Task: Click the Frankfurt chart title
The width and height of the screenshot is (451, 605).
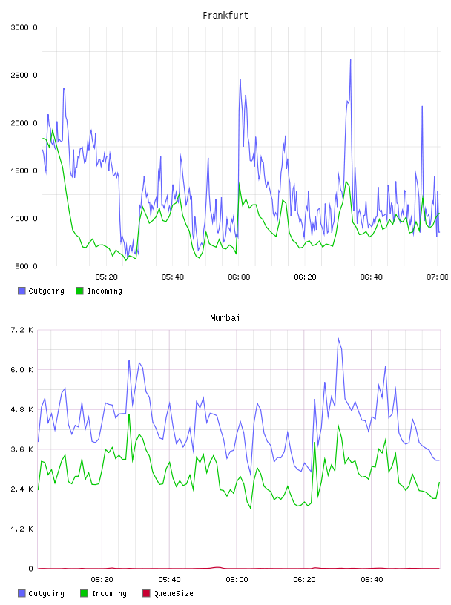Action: pyautogui.click(x=225, y=16)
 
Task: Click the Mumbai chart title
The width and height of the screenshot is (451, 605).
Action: pyautogui.click(x=225, y=318)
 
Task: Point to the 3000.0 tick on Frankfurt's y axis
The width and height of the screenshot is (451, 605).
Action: pyautogui.click(x=24, y=27)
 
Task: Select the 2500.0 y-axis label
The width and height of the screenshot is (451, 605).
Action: pyautogui.click(x=24, y=75)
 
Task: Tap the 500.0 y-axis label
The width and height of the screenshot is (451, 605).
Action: pyautogui.click(x=26, y=266)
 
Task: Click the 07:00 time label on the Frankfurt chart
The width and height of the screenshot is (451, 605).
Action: pyautogui.click(x=437, y=277)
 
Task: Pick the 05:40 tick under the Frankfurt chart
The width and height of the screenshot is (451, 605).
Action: pyautogui.click(x=173, y=277)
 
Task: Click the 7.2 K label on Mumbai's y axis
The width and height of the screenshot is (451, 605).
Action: pyautogui.click(x=22, y=330)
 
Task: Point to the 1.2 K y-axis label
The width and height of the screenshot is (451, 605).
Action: pyautogui.click(x=22, y=529)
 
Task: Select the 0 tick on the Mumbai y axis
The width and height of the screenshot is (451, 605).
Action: pyautogui.click(x=31, y=569)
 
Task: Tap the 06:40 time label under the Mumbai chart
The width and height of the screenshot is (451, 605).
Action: pyautogui.click(x=372, y=580)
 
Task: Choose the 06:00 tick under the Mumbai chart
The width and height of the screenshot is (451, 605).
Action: pyautogui.click(x=237, y=580)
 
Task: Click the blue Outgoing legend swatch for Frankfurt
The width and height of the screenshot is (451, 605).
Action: pyautogui.click(x=22, y=291)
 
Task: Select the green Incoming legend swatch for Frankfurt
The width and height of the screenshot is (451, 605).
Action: pyautogui.click(x=79, y=291)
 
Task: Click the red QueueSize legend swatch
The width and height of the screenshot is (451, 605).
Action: pyautogui.click(x=146, y=593)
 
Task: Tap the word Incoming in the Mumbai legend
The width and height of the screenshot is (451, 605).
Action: pyautogui.click(x=109, y=593)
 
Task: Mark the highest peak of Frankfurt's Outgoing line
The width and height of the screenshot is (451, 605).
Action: pyautogui.click(x=351, y=60)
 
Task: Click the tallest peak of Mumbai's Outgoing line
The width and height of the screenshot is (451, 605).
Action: pyautogui.click(x=338, y=337)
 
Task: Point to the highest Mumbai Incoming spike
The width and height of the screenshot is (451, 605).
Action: pyautogui.click(x=129, y=414)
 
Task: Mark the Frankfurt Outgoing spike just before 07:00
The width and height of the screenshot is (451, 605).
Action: pyautogui.click(x=422, y=107)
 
